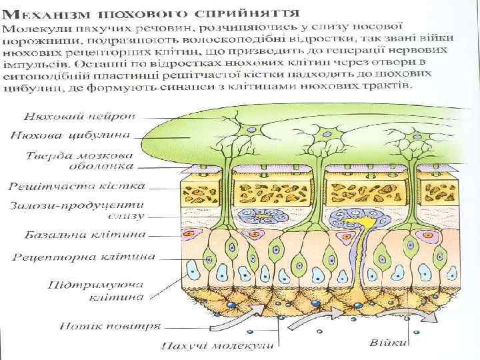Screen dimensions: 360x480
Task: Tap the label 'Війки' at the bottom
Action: click(x=387, y=342)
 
